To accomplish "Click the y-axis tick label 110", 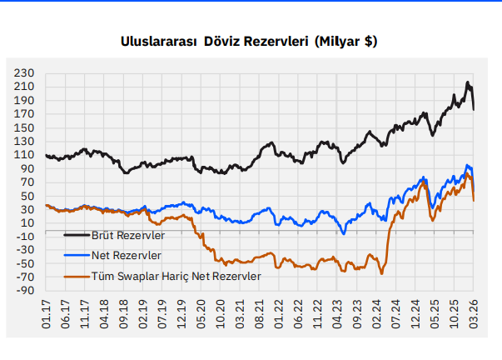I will click(x=23, y=155).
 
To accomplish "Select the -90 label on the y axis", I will click(x=23, y=291).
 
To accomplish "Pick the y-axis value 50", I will click(x=27, y=196).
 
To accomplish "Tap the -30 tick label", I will click(x=23, y=250).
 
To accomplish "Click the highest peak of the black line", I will click(x=468, y=82).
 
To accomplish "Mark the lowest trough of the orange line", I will click(x=382, y=273).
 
